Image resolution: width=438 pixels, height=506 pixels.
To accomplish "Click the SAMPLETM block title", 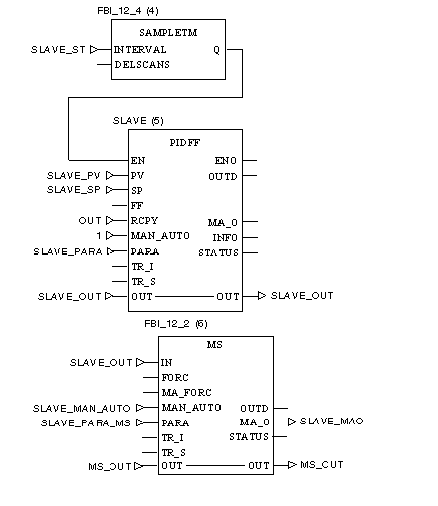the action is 168,33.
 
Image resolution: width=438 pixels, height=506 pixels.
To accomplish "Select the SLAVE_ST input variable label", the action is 58,50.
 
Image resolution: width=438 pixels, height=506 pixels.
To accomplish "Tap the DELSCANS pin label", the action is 142,64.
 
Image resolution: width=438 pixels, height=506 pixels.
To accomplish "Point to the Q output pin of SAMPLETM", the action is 216,50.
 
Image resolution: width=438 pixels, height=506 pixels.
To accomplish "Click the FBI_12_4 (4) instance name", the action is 127,11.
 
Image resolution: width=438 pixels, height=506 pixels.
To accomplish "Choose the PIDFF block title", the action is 185,143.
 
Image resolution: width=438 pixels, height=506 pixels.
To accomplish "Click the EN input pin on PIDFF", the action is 138,161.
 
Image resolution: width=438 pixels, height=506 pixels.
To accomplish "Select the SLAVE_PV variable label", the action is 73,175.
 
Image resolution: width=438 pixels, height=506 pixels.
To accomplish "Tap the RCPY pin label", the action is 144,221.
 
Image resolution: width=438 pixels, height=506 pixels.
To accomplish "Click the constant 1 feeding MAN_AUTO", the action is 99,236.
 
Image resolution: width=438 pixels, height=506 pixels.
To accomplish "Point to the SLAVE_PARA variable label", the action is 67,252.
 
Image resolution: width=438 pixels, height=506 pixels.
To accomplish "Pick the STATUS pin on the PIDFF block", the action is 218,253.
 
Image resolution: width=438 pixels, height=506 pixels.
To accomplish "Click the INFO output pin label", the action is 225,238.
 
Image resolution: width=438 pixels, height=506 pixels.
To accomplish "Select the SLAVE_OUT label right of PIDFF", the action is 302,295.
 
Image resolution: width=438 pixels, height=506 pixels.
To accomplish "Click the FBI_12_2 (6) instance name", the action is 176,324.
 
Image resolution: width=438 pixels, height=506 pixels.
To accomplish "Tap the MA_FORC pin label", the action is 186,393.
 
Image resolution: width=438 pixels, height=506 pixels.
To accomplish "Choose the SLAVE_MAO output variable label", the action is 331,422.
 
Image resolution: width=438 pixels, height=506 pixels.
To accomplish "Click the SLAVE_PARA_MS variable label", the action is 86,423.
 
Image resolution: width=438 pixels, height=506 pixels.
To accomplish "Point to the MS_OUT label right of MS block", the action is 322,465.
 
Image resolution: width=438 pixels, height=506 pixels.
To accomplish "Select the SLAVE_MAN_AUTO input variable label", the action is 82,408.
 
